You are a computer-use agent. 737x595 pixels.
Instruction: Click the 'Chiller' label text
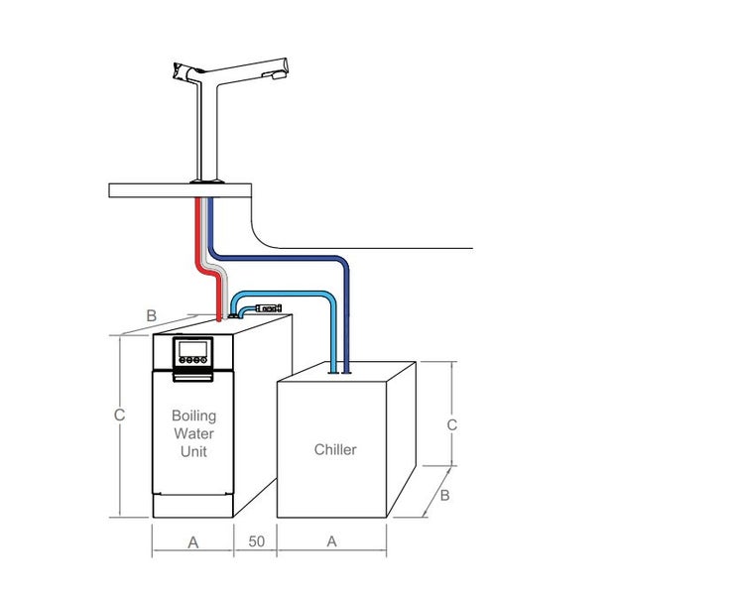pos(335,449)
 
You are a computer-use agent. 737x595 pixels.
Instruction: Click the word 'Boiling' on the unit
pos(193,416)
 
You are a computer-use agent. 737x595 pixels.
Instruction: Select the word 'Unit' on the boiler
pos(193,451)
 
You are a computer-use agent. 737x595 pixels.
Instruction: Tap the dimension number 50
pos(256,541)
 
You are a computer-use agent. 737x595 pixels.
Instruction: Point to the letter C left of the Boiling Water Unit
pos(119,416)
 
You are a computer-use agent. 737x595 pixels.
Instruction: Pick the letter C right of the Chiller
pos(451,423)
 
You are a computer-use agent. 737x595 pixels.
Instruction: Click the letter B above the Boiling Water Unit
pos(151,315)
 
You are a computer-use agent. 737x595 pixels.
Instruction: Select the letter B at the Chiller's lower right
pos(444,494)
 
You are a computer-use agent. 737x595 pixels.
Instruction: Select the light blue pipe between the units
pos(298,294)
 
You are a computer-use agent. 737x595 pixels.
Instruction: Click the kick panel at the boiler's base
pos(193,504)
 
